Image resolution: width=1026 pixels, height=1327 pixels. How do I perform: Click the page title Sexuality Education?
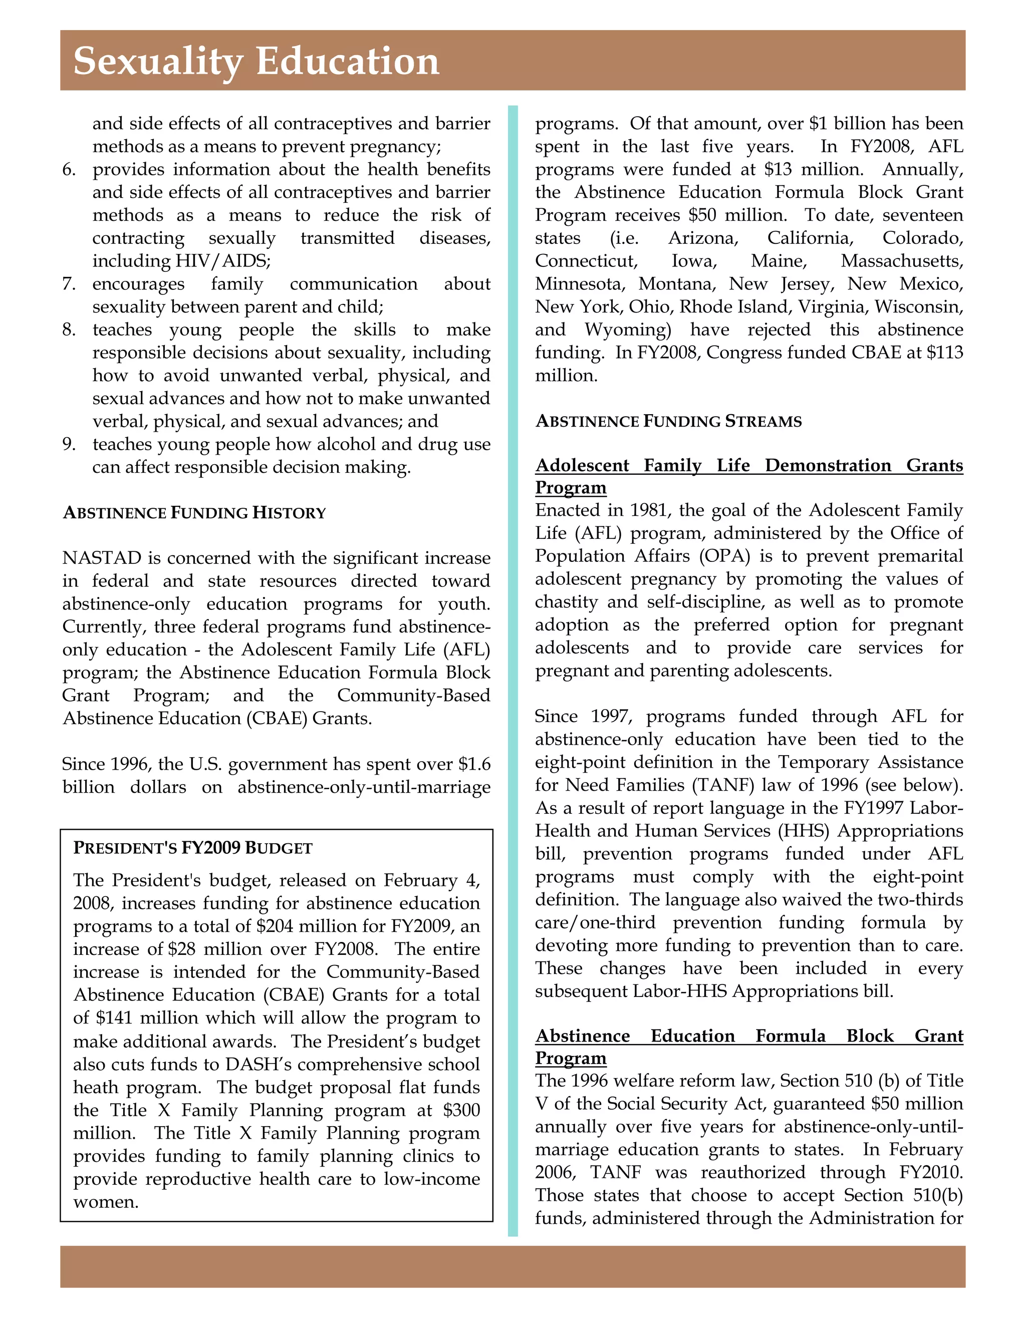pos(256,62)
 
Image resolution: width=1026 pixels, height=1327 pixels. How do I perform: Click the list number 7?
pos(69,284)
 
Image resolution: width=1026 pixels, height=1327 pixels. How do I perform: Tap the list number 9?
pos(69,444)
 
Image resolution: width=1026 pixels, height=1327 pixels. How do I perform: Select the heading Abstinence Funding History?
pos(194,513)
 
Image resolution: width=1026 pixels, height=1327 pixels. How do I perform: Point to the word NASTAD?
pos(102,558)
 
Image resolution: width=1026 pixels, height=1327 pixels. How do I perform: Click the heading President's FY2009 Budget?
pos(193,848)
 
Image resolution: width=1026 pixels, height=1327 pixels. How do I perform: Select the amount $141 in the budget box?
pos(110,1018)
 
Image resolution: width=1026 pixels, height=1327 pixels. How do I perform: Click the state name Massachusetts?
pos(901,261)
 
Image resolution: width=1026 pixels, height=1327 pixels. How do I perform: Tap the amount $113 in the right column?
pos(944,353)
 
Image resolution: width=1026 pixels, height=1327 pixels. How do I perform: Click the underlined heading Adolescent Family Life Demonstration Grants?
pos(748,465)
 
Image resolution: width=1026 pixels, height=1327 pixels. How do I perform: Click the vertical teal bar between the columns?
pos(512,669)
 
